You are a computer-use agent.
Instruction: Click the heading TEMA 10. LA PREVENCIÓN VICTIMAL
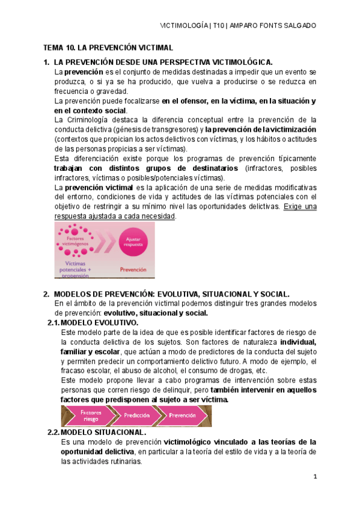point(108,47)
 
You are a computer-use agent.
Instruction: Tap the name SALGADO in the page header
point(298,26)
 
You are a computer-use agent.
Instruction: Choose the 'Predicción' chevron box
point(137,416)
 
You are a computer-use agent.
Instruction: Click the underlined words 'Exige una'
point(300,206)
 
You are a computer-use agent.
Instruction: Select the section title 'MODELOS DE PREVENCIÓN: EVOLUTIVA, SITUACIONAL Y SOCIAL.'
point(172,294)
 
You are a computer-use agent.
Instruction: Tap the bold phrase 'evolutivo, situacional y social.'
point(156,313)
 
